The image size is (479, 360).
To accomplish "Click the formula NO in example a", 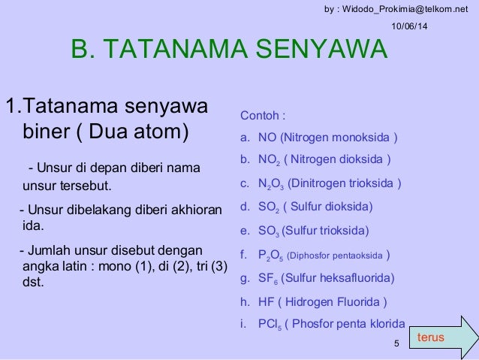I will tap(267, 138).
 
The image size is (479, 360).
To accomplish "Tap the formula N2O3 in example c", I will tap(271, 183).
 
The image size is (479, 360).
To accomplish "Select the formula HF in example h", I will tap(267, 303).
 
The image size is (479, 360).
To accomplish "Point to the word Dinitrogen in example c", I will tap(321, 183).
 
